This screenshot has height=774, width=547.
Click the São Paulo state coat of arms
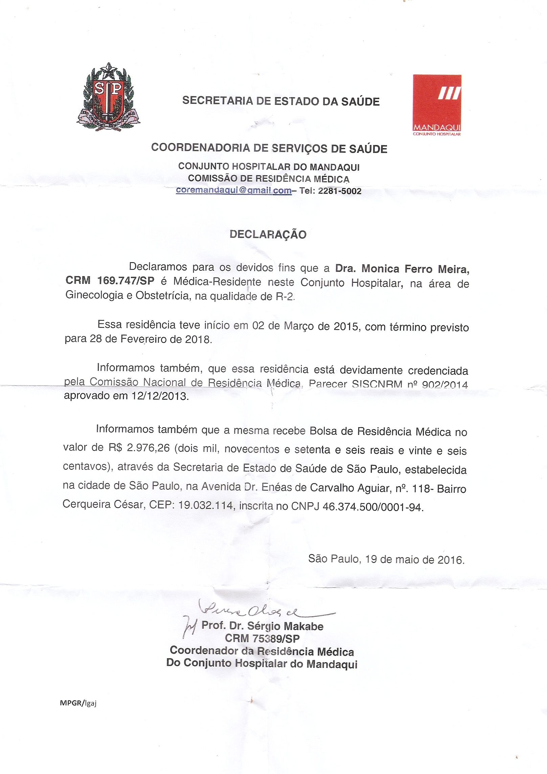(x=108, y=97)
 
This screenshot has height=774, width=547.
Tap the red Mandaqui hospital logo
(x=437, y=104)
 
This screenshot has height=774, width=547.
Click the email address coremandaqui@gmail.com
(x=233, y=190)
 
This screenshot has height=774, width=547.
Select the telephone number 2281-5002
(x=340, y=191)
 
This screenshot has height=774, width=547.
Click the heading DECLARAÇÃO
(x=268, y=235)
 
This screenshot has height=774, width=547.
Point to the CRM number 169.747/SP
(x=126, y=281)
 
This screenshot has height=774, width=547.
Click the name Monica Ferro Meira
(x=415, y=269)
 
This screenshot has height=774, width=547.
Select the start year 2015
(x=346, y=326)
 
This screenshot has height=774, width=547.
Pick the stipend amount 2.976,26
(x=148, y=448)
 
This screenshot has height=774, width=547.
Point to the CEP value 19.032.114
(x=206, y=505)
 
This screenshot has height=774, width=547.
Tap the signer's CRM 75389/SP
(x=262, y=638)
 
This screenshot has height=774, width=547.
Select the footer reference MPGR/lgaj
(x=78, y=703)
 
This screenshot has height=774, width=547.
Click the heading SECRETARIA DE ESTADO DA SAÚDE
(x=281, y=101)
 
